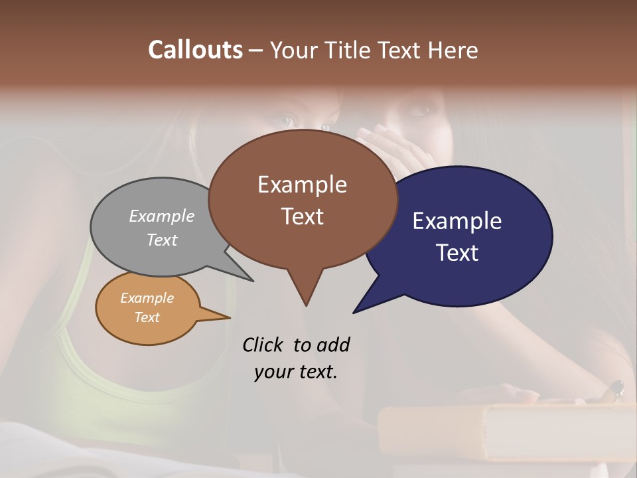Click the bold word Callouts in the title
195,50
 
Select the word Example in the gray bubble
162,216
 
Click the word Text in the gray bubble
162,240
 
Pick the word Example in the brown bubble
302,185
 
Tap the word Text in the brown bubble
302,216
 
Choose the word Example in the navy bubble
457,221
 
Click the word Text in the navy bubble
457,253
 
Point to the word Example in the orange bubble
147,298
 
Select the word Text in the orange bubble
147,317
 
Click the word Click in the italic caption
263,345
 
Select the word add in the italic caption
333,345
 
